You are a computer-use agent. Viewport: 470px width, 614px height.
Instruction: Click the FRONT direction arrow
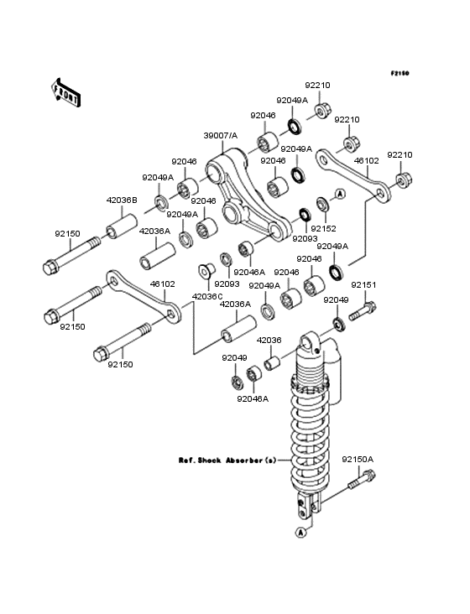click(x=65, y=92)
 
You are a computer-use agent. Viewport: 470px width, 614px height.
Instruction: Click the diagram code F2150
click(x=399, y=73)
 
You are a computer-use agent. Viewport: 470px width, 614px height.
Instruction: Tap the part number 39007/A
click(x=221, y=136)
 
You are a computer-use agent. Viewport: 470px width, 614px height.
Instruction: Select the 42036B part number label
click(x=122, y=200)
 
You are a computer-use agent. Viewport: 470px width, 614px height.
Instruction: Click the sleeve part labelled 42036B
click(x=122, y=226)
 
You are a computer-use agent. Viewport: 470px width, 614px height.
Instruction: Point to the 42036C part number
click(x=206, y=296)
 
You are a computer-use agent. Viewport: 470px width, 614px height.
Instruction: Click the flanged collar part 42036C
click(x=206, y=271)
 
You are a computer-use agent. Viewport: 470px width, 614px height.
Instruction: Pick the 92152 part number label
click(x=323, y=229)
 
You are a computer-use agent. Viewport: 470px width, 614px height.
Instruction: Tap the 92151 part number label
click(x=363, y=285)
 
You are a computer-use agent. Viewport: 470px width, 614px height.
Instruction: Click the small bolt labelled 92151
click(x=362, y=311)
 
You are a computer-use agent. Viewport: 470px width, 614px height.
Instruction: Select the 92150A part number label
click(x=358, y=460)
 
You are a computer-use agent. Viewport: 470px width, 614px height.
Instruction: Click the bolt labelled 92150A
click(x=362, y=480)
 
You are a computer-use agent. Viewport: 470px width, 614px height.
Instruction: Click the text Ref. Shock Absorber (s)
click(x=227, y=460)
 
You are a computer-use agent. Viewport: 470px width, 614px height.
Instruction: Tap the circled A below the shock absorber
click(x=300, y=532)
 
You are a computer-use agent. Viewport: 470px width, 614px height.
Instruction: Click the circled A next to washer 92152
click(x=341, y=194)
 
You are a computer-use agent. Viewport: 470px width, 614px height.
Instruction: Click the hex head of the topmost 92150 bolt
click(x=51, y=268)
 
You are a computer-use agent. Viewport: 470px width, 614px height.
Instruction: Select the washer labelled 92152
click(x=323, y=204)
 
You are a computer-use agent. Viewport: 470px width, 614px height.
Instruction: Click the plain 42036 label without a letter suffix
click(x=269, y=341)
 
